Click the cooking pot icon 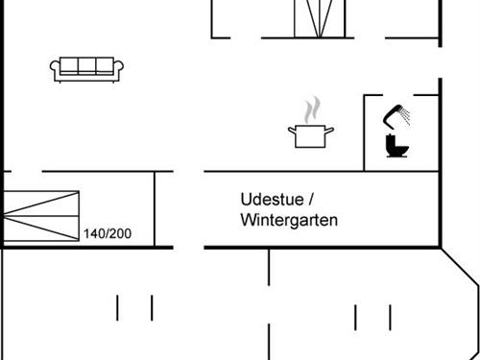310,134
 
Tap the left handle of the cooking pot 291,130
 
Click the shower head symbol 392,116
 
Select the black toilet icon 395,146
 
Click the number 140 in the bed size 94,234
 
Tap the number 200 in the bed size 120,234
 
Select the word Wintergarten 289,221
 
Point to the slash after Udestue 311,200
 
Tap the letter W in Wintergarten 248,221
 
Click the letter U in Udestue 246,200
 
